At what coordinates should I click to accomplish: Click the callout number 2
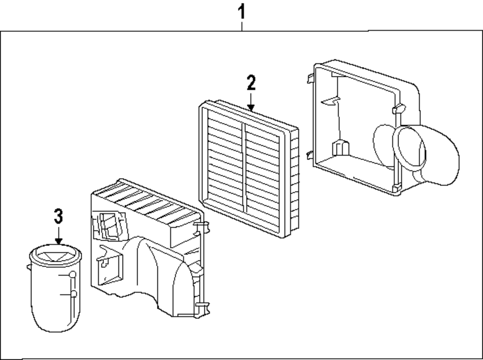[251, 83]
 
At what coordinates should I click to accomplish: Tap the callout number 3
[58, 216]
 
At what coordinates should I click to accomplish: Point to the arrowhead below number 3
[58, 240]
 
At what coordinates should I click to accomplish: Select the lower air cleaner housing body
[145, 261]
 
